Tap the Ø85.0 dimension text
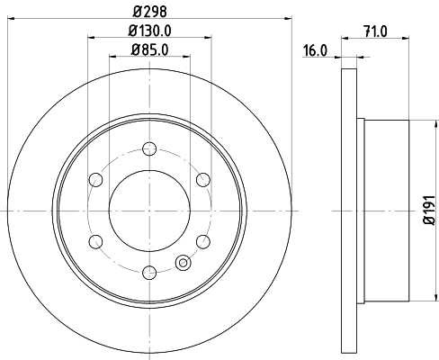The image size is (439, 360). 149,49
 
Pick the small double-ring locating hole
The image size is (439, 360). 184,264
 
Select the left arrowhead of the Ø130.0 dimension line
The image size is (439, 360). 91,37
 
